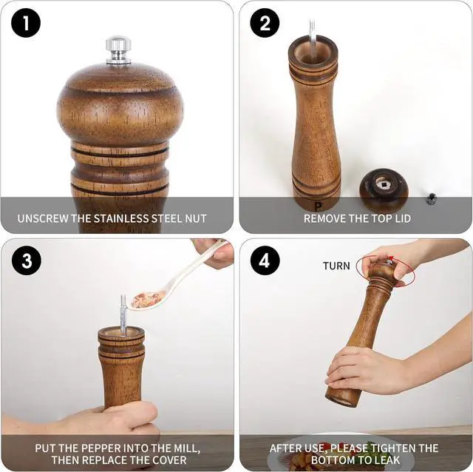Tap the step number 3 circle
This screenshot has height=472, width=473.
coord(26,261)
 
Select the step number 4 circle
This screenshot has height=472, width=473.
coord(265,261)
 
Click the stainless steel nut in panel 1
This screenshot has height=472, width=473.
coord(118,49)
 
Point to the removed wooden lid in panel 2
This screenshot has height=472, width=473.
coord(384,189)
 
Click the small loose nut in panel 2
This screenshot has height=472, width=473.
coord(431,198)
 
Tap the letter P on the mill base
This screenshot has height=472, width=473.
coord(318,206)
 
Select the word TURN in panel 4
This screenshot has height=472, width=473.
coord(336,266)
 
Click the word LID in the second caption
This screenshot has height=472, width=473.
coord(401,219)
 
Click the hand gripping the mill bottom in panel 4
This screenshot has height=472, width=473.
coord(366,370)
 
